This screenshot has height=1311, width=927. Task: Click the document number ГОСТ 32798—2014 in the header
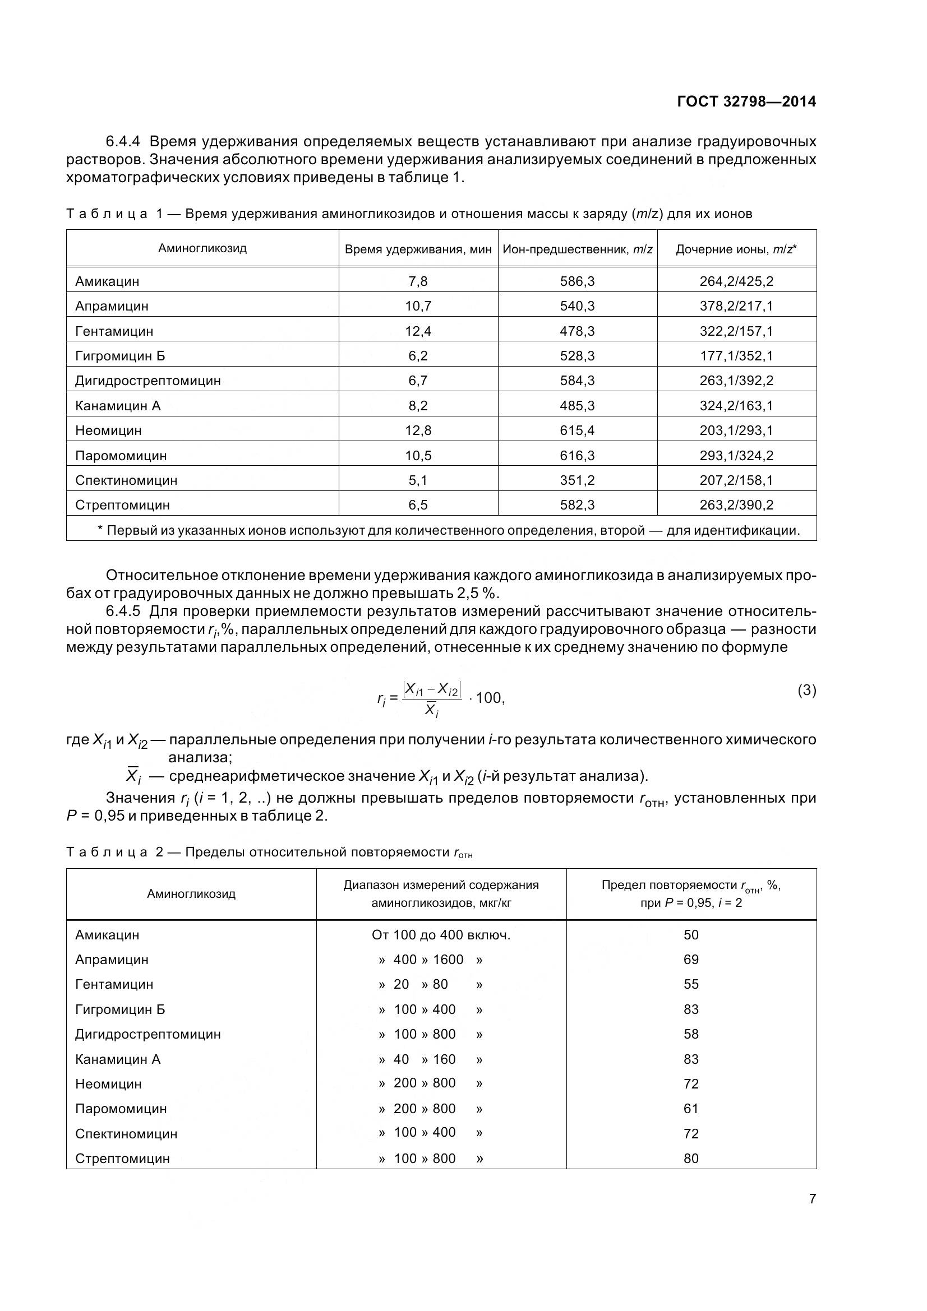746,101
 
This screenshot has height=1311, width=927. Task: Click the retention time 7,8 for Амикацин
418,281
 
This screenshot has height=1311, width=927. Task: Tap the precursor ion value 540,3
577,306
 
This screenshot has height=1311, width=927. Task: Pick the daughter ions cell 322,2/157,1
736,331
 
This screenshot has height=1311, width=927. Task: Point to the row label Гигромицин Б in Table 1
120,356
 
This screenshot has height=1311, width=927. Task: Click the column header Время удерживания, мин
418,249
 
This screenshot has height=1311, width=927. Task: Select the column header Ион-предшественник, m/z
577,249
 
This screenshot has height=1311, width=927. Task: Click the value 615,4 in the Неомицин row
577,430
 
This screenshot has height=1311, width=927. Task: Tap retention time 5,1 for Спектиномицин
418,480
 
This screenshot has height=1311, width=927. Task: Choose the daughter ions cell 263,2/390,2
736,505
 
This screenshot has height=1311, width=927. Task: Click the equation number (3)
806,691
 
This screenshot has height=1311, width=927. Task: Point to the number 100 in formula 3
488,698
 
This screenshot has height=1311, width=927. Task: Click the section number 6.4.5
123,612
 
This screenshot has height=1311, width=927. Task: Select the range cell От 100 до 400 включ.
440,935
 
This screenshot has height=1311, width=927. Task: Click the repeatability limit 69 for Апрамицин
690,959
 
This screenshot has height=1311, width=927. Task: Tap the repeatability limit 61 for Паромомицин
690,1108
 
